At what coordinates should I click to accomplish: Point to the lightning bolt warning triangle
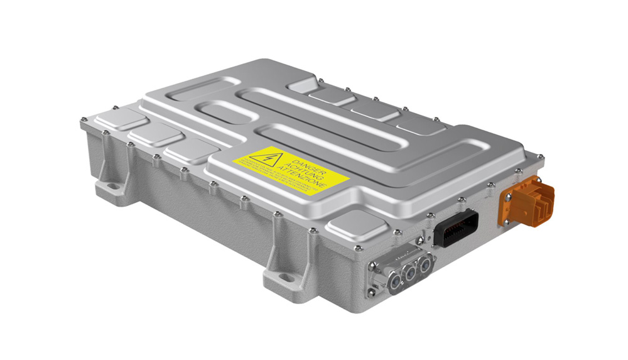click(264, 156)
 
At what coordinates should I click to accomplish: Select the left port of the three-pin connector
click(396, 281)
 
